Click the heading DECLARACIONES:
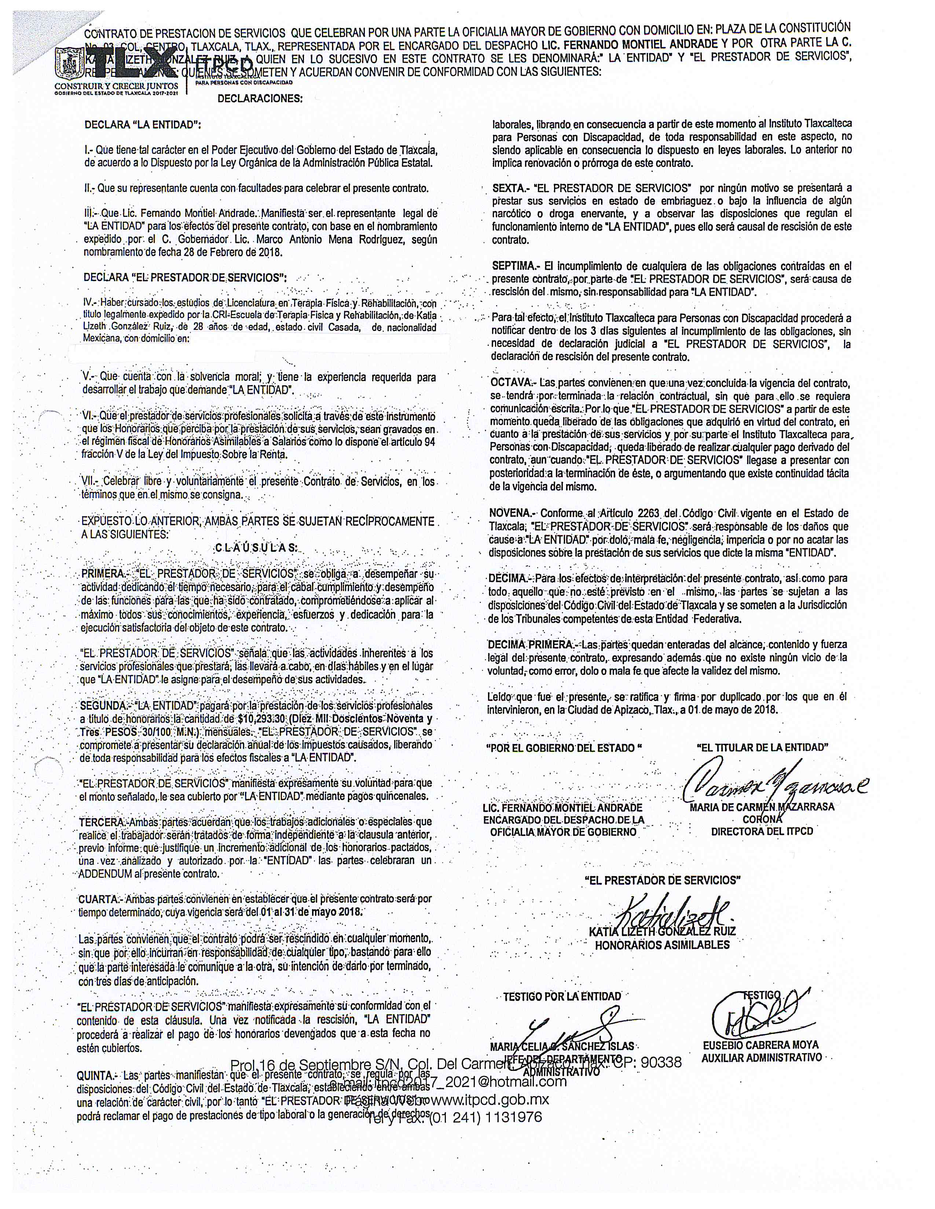pos(260,99)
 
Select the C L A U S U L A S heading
pos(256,548)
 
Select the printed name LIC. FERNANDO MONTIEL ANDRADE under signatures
pos(562,808)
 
